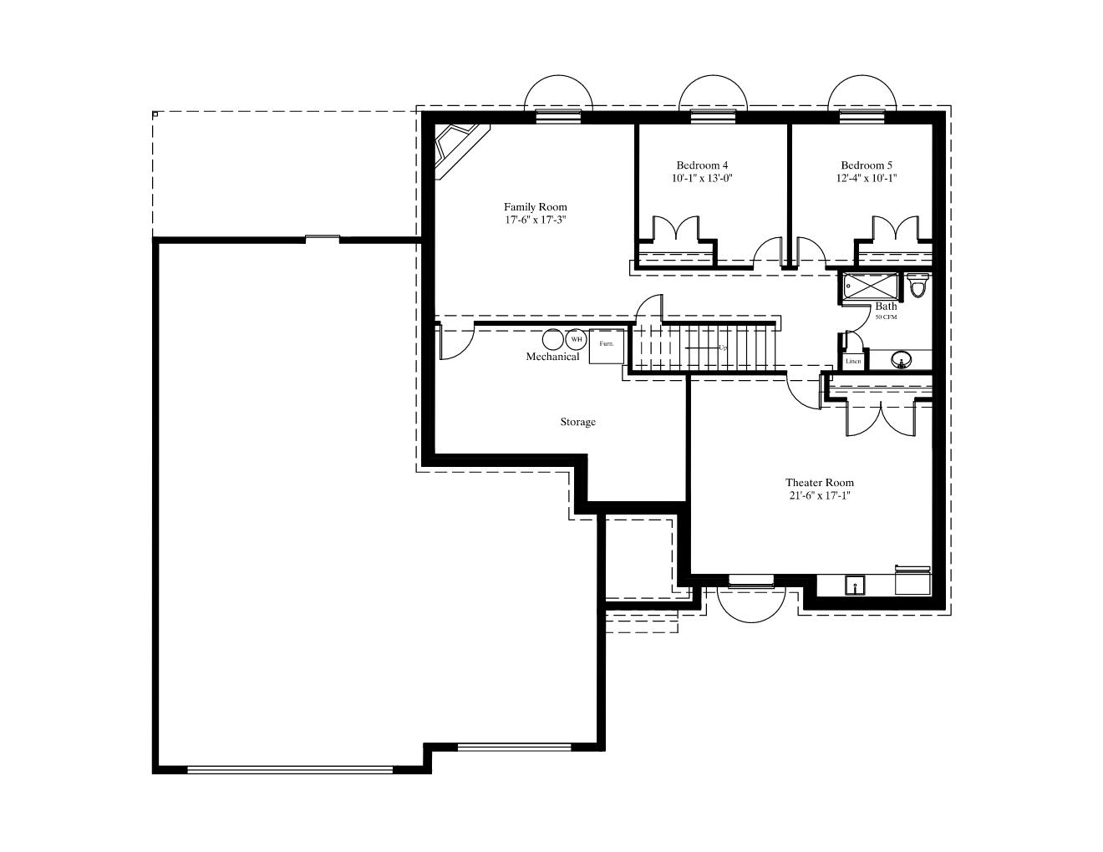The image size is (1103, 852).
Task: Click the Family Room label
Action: tap(535, 206)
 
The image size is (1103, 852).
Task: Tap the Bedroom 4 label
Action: tap(702, 165)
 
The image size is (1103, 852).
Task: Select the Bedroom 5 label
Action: tap(867, 165)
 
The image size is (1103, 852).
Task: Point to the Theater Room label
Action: tap(819, 482)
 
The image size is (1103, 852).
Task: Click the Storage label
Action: tap(577, 422)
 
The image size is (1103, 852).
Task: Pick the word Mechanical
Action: tap(552, 356)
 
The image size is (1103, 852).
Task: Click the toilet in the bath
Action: tap(917, 285)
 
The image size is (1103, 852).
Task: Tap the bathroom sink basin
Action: tap(901, 359)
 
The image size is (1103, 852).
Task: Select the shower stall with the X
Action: tap(870, 287)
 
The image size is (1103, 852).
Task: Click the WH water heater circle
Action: tap(576, 339)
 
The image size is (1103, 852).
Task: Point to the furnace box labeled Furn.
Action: tap(606, 347)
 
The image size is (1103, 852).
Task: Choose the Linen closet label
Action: tap(853, 361)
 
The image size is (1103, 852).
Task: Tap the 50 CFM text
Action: tap(886, 317)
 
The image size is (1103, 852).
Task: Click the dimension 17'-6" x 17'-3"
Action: tap(535, 220)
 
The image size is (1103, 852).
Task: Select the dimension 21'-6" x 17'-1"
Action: tap(819, 495)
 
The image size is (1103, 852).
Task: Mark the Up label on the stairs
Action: tap(722, 347)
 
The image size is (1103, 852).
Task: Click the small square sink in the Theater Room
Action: tap(856, 585)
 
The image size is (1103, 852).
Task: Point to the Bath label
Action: tap(886, 306)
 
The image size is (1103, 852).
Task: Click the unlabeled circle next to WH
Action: tap(553, 339)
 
